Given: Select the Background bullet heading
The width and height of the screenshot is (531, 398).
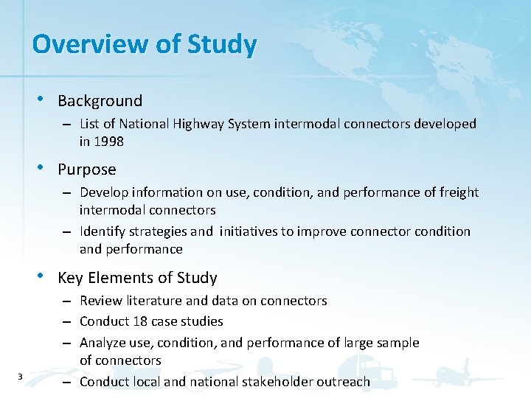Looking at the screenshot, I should click(100, 101).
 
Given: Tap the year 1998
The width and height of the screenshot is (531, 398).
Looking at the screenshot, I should click(109, 142).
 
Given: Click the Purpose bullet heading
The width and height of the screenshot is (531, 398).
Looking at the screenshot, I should click(86, 170).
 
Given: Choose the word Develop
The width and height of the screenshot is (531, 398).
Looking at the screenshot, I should click(103, 192).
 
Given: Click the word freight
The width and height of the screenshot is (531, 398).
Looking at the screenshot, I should click(459, 192).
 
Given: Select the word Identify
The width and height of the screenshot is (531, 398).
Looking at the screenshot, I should click(103, 231).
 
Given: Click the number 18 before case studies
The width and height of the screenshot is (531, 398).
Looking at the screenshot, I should click(141, 321).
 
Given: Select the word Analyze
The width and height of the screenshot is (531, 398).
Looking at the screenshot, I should click(104, 343).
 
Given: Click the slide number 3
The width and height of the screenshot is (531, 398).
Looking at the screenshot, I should click(20, 377).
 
